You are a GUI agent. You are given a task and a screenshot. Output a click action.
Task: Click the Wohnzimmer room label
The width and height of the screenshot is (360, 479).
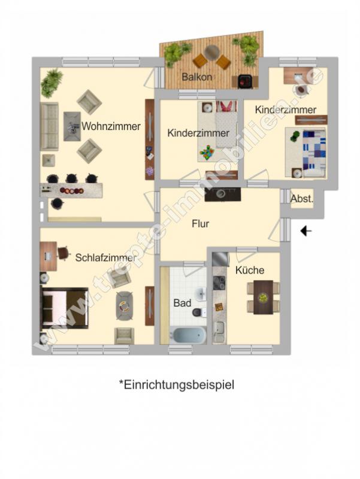pos(111,126)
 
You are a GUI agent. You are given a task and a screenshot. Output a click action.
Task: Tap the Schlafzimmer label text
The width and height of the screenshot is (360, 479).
pos(105,257)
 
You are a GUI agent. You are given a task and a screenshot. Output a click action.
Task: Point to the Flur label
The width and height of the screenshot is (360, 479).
pos(200,225)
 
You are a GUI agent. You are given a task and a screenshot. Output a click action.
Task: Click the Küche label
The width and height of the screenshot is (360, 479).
pos(249,271)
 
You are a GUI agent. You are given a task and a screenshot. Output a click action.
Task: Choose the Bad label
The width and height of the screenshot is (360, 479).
pos(182,303)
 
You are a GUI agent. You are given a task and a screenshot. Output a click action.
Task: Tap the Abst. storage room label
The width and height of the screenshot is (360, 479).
pos(301,199)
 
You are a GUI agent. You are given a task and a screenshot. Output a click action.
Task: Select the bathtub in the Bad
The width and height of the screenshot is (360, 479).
pos(189,335)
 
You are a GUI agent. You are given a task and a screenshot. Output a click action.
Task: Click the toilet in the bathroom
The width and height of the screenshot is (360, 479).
pos(198,312)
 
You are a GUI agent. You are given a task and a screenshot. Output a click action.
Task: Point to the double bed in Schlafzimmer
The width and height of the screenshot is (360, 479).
pos(65,308)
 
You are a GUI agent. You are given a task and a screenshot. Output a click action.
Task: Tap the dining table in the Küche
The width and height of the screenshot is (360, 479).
pos(262,297)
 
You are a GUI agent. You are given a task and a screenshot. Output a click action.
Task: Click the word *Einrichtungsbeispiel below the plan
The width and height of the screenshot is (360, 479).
pos(177,384)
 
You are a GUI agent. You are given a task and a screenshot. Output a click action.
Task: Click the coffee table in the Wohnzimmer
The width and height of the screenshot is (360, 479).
pos(72,126)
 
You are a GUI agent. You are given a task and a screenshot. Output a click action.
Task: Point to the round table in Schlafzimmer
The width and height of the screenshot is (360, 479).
pos(124,306)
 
